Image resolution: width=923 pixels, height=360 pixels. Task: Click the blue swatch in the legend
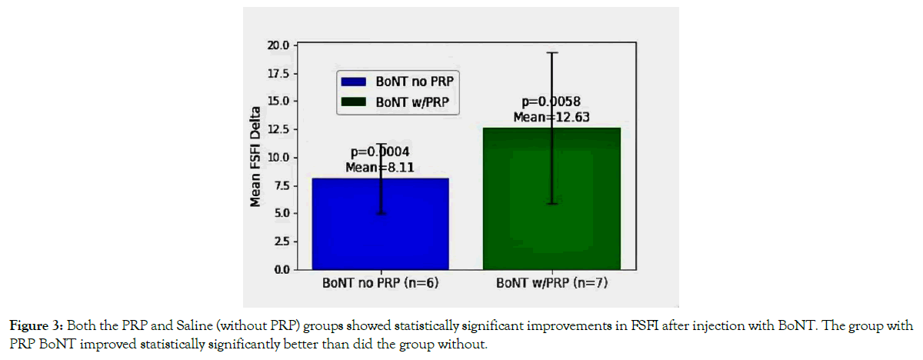pyautogui.click(x=355, y=81)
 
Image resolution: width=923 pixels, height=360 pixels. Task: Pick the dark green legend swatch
pyautogui.click(x=355, y=101)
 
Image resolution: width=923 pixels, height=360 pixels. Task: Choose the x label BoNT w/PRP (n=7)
pyautogui.click(x=551, y=283)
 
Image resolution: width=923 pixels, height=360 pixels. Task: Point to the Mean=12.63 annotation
pyautogui.click(x=551, y=116)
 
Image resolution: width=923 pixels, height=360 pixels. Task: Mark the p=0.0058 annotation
pyautogui.click(x=551, y=102)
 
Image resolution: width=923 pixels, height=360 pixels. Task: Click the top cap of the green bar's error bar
pyautogui.click(x=551, y=53)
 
